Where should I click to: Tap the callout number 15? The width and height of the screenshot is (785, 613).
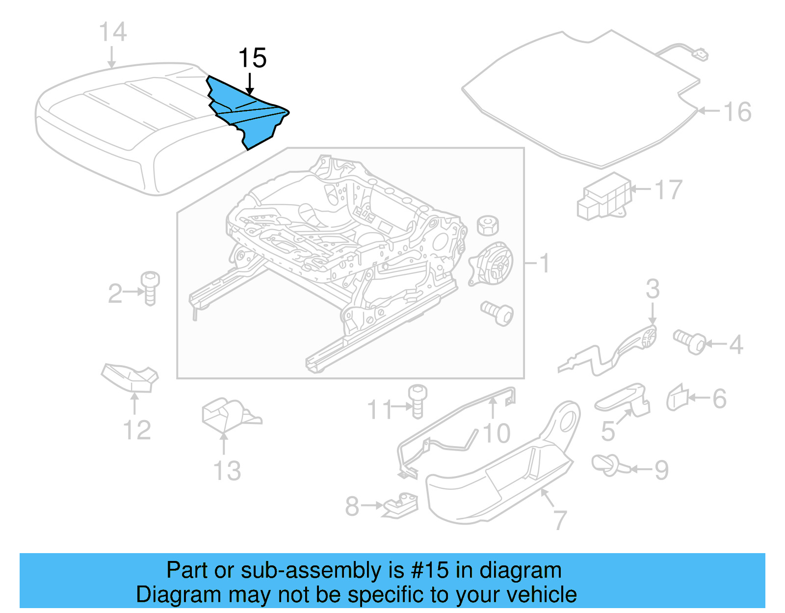tap(252, 58)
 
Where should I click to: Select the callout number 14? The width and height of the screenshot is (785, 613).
tap(113, 32)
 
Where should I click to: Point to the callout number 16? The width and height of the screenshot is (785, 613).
tap(737, 112)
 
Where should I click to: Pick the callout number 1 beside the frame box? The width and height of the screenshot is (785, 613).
tap(545, 264)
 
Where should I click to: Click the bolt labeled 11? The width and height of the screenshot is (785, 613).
tap(418, 401)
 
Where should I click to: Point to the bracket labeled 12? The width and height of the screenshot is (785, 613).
tap(130, 377)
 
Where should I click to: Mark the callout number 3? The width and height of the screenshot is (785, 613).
tap(653, 289)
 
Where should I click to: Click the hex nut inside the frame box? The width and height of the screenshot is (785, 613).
tap(488, 225)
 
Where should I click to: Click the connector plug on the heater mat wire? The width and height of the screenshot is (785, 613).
tap(701, 53)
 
